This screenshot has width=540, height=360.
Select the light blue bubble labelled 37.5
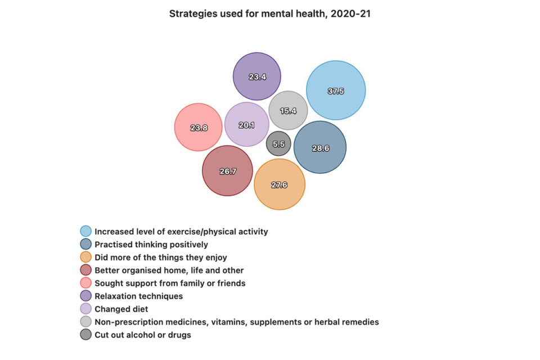(336, 91)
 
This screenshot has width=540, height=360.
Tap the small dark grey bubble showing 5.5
(278, 143)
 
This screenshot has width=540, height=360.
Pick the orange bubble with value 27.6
(280, 184)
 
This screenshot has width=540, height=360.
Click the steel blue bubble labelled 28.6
(320, 147)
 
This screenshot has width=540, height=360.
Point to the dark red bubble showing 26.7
(227, 171)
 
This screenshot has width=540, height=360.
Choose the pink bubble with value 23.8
(199, 127)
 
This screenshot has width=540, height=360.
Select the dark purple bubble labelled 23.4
(257, 76)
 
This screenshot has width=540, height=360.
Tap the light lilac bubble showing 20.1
(246, 124)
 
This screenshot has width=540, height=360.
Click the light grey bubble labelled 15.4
(288, 110)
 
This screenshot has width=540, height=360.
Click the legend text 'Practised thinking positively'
(151, 245)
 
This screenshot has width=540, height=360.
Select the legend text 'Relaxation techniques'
(138, 296)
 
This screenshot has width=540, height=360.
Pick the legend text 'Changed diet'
(121, 309)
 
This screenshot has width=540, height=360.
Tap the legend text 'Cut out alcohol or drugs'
(143, 335)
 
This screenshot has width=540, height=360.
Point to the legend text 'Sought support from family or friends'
(170, 283)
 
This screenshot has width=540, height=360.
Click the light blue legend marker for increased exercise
(85, 231)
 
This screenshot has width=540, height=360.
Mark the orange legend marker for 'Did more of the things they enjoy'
(85, 257)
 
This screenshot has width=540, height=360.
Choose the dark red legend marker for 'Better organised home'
(85, 271)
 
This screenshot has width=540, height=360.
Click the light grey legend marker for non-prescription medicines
(85, 322)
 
